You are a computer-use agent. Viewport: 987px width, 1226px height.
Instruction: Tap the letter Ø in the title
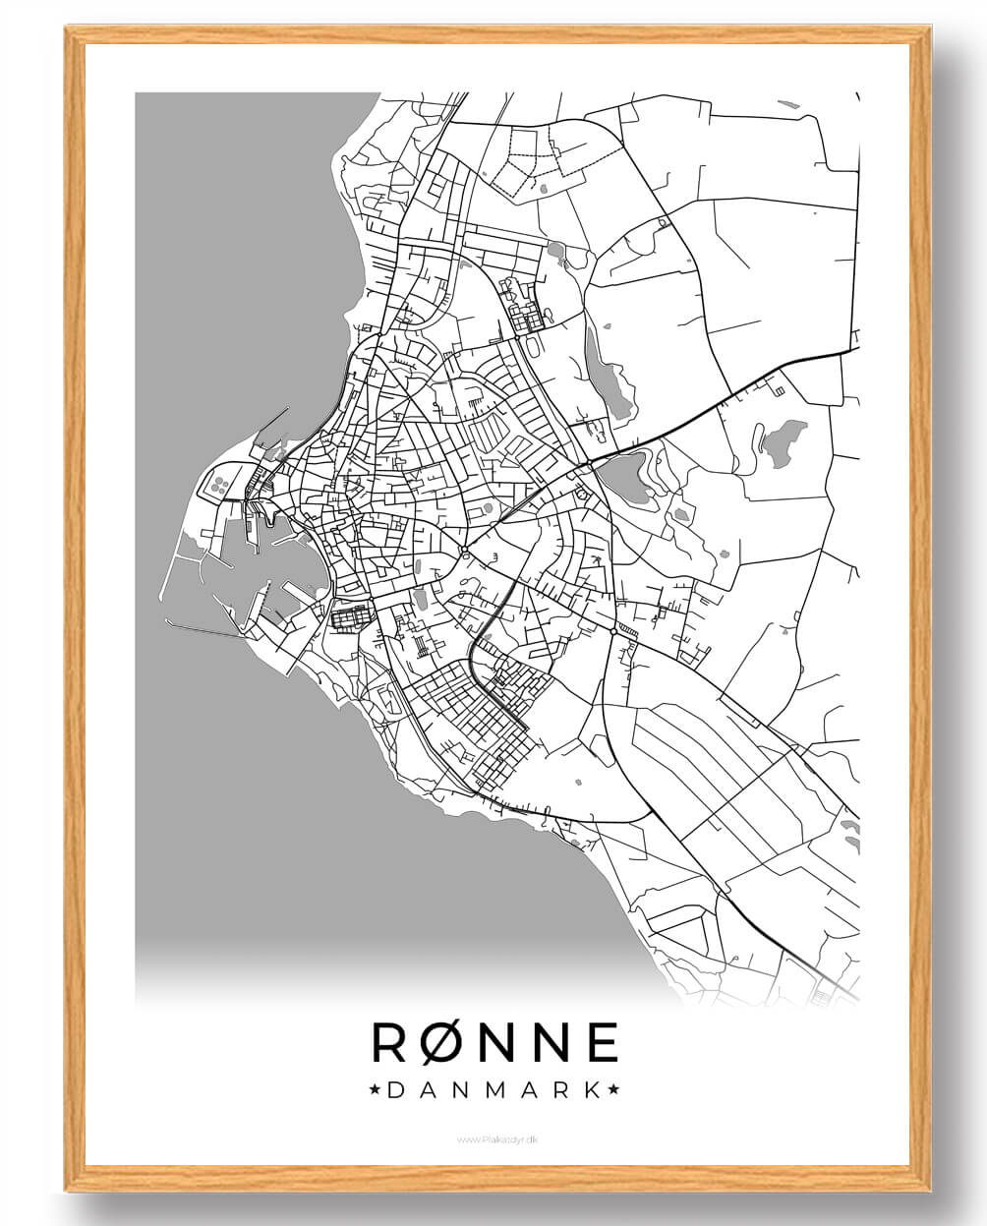pos(442,1042)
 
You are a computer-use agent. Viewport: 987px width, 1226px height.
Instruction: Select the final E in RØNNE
pos(603,1042)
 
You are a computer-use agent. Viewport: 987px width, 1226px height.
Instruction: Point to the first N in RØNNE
pos(497,1042)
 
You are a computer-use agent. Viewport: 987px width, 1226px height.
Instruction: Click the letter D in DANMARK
pos(395,1089)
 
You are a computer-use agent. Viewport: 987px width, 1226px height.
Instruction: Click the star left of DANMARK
pos(375,1089)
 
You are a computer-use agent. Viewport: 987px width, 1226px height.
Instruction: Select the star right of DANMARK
pos(613,1089)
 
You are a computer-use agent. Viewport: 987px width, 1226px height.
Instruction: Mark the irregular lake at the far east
pos(783,443)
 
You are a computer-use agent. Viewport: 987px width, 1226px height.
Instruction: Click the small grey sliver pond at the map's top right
pos(786,103)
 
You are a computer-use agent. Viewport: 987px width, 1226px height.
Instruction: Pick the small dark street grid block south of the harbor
pos(351,617)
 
